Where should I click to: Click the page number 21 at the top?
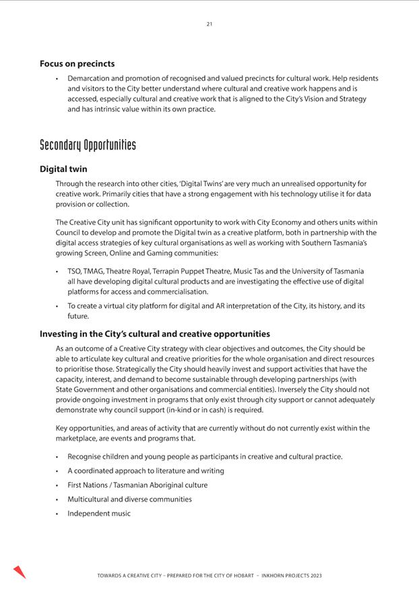209,24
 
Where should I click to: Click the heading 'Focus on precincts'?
77,64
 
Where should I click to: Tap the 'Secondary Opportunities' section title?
88,145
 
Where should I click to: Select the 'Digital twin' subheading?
63,169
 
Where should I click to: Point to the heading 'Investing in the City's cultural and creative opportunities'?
155,334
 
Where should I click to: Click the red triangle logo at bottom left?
19,571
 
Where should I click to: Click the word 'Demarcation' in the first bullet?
90,79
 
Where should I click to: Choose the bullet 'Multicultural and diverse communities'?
129,499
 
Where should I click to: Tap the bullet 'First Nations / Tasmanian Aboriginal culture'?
137,485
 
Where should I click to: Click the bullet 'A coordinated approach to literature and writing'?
146,471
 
